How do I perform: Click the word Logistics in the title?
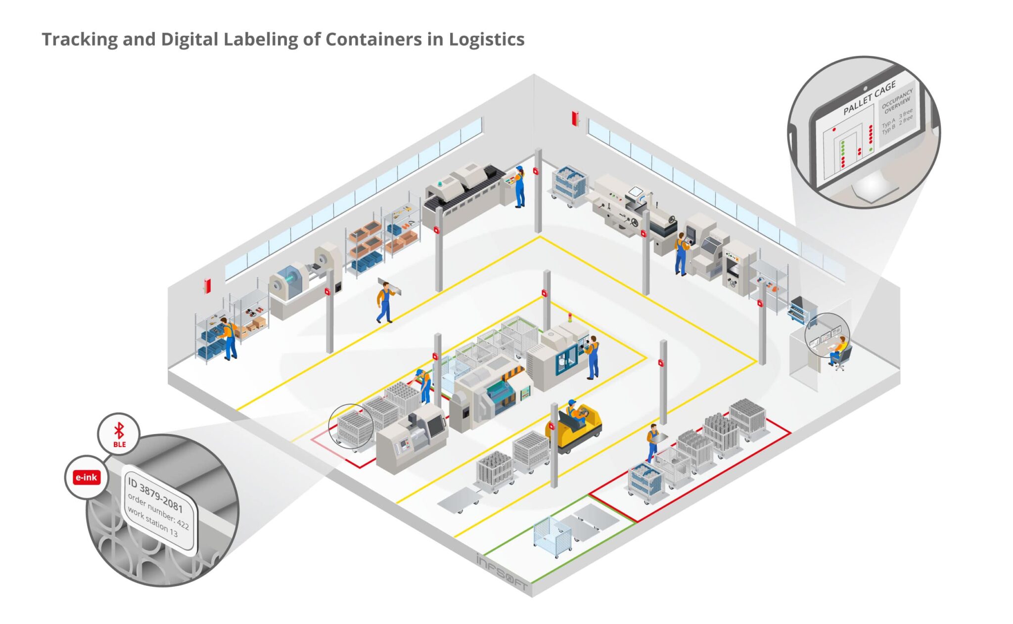[x=486, y=40]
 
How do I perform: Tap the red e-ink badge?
[x=87, y=477]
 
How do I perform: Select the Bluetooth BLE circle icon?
[x=119, y=434]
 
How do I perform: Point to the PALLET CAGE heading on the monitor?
[x=869, y=98]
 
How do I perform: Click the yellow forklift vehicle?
[x=576, y=428]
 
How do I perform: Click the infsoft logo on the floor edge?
[x=502, y=573]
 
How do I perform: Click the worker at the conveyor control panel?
[x=519, y=186]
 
